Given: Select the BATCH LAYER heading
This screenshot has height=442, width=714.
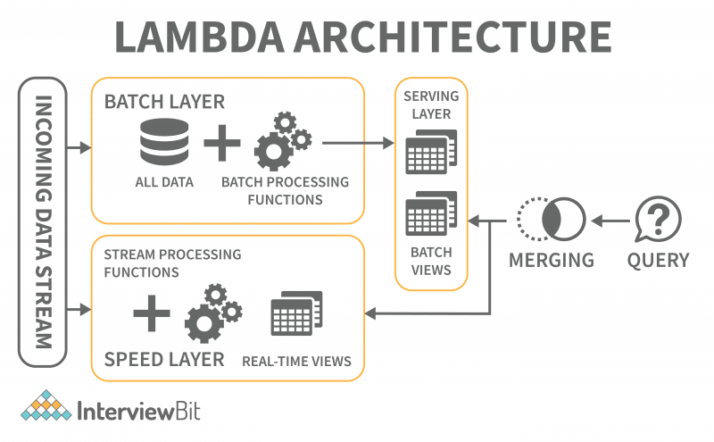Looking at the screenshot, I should coord(164,102).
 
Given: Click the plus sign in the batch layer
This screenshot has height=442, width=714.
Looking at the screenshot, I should coord(221,143).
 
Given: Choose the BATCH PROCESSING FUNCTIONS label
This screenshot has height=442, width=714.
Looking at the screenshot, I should coord(285,190).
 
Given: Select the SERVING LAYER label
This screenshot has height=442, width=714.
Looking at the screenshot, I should coord(433,104).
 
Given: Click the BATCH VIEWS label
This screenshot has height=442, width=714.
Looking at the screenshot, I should coord(431,261).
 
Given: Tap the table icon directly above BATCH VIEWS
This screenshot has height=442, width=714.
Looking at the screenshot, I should coord(431,214).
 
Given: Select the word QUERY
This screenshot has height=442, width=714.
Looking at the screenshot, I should coord(658,260).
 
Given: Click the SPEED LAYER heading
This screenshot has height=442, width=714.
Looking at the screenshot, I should coord(164,359).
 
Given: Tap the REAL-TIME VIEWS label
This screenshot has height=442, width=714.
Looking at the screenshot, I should coord(296,362).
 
